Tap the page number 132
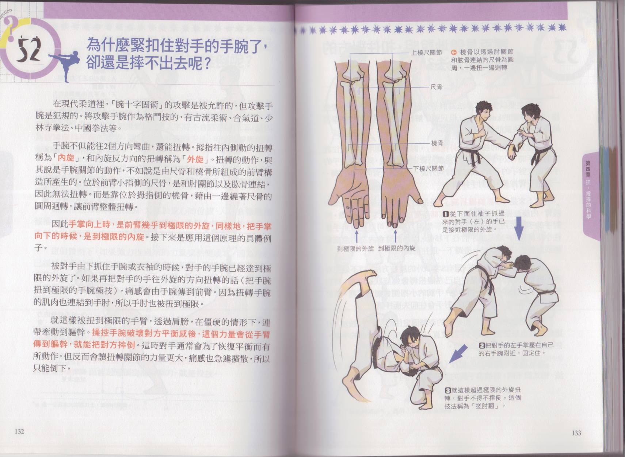coord(19,431)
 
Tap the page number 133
coord(576,433)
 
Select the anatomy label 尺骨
coord(437,87)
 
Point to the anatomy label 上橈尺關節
coord(427,53)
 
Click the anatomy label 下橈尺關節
coord(428,168)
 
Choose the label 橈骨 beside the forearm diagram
coord(437,143)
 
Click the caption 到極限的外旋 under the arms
coord(355,249)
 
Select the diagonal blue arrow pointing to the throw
coord(458,353)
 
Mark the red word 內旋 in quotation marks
coord(66,158)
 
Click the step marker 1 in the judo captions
coord(446,214)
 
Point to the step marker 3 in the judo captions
coord(447,390)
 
